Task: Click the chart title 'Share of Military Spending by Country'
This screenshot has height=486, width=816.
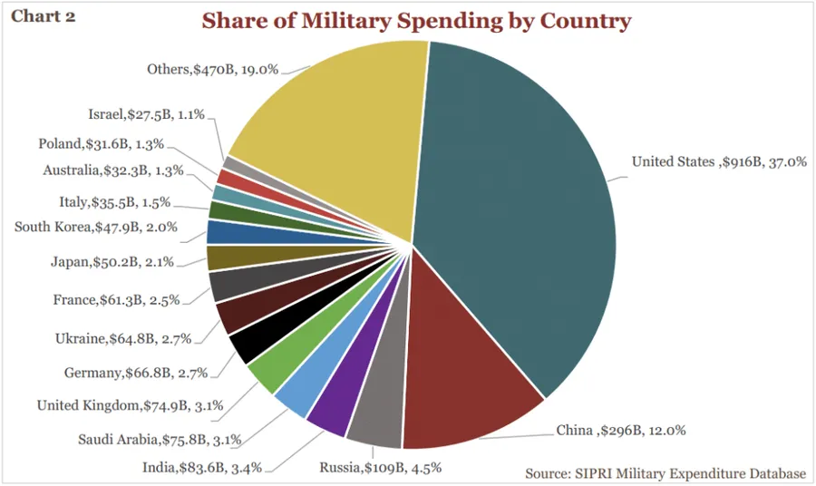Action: point(416,21)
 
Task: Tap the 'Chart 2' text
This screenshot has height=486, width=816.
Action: point(43,17)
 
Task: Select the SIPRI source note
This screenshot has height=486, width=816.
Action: point(665,473)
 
